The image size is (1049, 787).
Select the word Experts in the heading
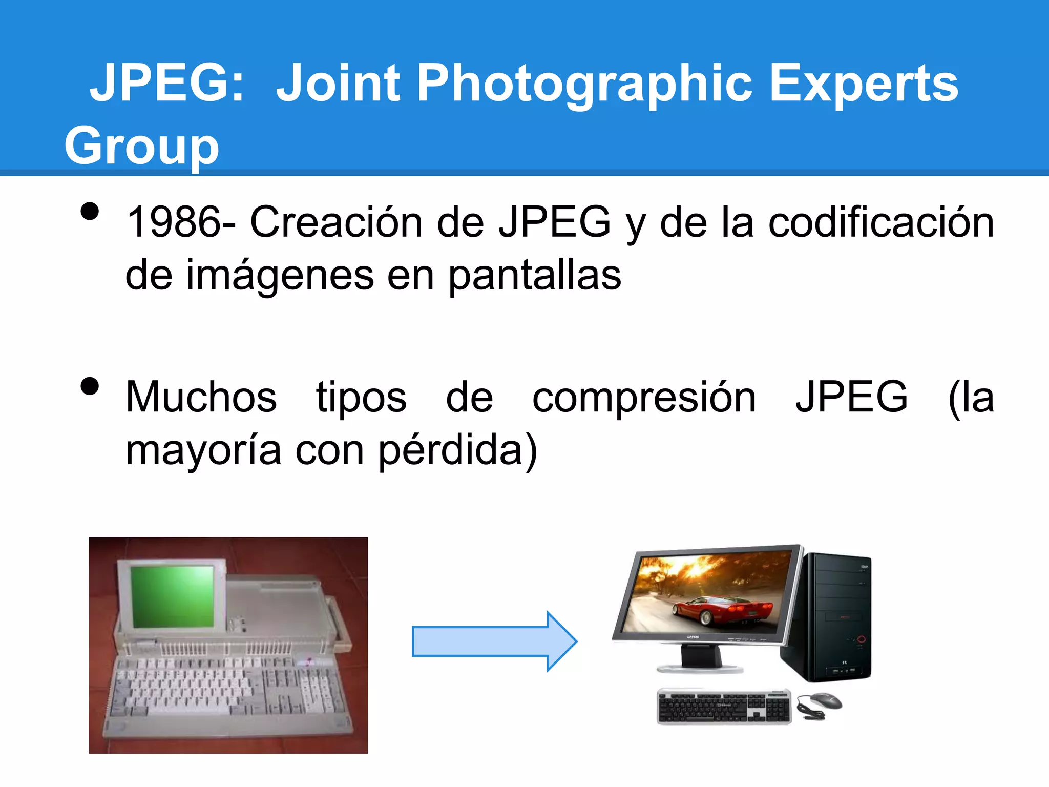863,84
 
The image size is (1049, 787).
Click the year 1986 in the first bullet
174,222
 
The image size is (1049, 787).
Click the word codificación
881,222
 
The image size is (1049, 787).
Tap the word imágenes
280,276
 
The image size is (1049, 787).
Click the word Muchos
201,398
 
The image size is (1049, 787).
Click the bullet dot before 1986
90,211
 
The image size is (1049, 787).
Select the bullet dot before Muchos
90,386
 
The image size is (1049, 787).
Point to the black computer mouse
822,700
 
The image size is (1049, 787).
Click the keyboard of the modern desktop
723,707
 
